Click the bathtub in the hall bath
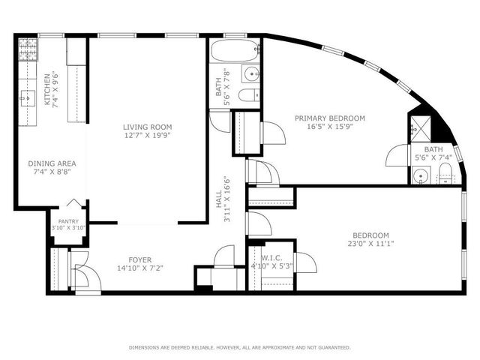coord(235,52)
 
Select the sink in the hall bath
coord(249,74)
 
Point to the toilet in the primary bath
coord(446,177)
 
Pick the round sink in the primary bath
coord(421,176)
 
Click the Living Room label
coord(148,127)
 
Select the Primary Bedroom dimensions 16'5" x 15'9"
coord(329,127)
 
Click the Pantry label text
coord(68,221)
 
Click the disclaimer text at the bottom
coord(239,347)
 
